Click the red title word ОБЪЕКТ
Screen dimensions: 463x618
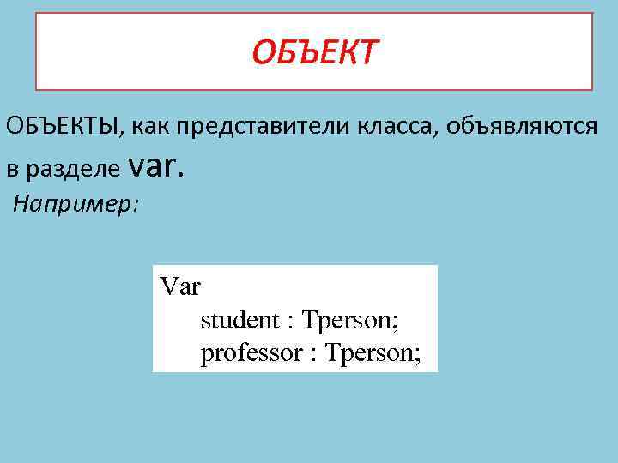[313, 53]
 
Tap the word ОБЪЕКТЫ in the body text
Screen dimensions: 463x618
[61, 128]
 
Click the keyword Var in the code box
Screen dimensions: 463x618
[179, 286]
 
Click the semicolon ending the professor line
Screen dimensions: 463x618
[418, 356]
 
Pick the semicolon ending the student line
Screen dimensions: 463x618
[397, 323]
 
